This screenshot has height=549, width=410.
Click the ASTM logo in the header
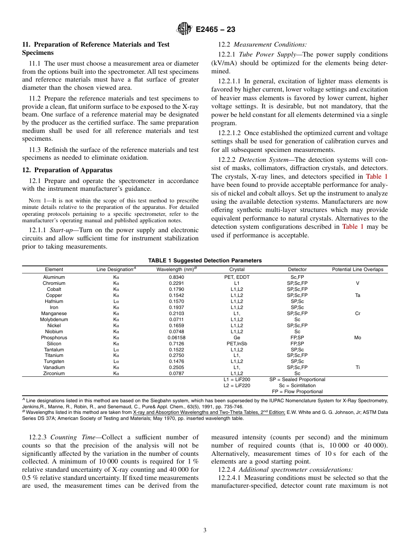184,29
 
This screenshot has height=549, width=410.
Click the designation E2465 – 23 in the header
215,30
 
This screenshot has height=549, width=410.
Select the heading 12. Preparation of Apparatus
67,170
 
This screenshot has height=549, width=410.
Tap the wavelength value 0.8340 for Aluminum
176,277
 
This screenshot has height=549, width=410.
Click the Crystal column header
237,269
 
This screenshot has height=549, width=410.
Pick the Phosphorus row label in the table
54,338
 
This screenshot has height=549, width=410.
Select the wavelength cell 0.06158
176,338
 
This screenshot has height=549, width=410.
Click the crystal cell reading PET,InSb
237,344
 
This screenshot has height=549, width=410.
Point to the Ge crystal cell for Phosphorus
237,338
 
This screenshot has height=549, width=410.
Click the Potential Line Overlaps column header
357,269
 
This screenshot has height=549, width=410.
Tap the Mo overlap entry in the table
357,338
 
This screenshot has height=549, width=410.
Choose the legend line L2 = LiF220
237,385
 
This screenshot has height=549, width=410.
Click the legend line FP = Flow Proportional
297,391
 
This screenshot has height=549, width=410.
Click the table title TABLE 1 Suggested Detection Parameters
205,261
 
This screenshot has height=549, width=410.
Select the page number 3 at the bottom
205,530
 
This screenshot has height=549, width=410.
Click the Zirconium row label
54,373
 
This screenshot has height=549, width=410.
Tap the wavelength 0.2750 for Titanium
176,355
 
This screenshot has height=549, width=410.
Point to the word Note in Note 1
34,201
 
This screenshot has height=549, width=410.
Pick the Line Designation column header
116,269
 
